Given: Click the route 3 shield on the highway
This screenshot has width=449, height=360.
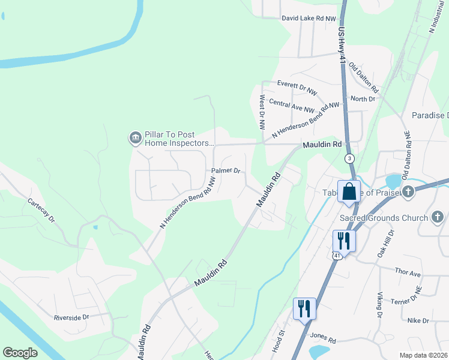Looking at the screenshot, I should (x=349, y=159).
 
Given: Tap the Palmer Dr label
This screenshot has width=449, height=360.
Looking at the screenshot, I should (x=226, y=171).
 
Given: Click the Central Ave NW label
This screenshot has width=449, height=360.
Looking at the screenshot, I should (x=292, y=106).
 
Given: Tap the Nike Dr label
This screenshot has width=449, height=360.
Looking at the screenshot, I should (x=418, y=321).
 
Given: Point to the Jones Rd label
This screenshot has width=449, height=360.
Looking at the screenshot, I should (x=324, y=340).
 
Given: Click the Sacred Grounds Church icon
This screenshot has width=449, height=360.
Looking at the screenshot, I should (x=438, y=218).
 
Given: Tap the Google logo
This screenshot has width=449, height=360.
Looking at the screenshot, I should (x=20, y=352).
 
